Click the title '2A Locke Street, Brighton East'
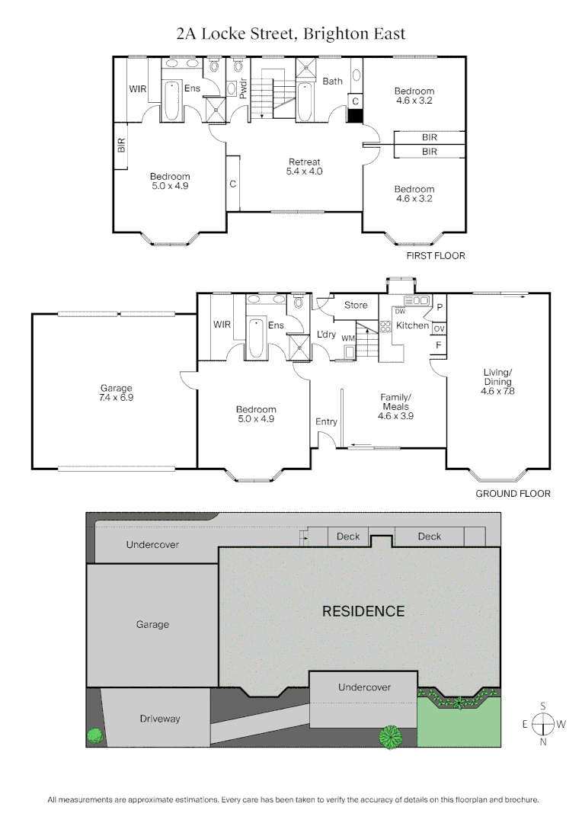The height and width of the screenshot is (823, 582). tap(290, 34)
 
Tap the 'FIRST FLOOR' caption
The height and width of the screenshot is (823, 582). tap(435, 256)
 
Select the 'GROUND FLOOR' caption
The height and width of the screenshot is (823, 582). tap(513, 494)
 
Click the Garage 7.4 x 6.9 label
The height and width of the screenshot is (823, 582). tap(115, 393)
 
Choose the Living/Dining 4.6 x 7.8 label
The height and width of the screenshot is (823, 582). tap(497, 382)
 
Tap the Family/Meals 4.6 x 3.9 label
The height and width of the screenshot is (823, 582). tap(395, 407)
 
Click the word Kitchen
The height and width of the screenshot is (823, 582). tap(413, 326)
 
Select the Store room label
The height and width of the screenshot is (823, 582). tap(356, 306)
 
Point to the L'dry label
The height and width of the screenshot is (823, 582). tap(327, 335)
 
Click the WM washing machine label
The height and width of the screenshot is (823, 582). tap(347, 338)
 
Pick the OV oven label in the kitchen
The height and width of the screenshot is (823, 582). tap(439, 328)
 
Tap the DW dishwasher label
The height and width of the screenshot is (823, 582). tap(400, 311)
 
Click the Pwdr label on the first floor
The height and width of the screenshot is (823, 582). tap(243, 90)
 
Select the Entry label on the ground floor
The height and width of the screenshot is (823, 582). tap(326, 422)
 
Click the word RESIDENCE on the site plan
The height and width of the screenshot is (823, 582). tap(363, 611)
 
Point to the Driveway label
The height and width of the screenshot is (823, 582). tap(160, 719)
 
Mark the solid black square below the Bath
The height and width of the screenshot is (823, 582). tap(355, 116)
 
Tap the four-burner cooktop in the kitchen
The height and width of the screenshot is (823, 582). tap(386, 327)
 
